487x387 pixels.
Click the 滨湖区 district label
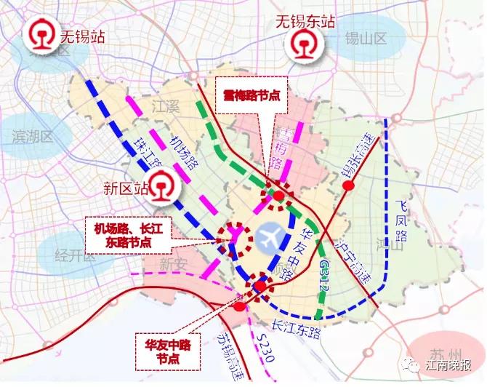tap(33, 136)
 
